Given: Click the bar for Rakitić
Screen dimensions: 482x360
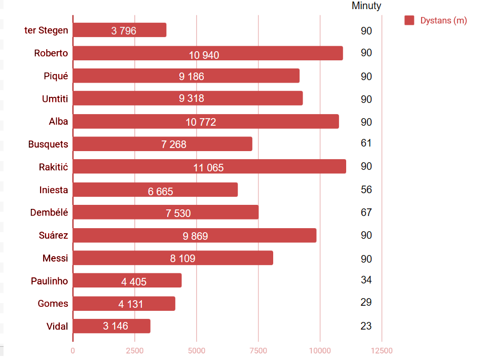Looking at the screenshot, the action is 209,166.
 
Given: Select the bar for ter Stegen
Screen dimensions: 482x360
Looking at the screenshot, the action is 120,30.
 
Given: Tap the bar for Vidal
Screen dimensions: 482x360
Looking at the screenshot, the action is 112,326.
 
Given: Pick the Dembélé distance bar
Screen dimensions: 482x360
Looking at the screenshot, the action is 166,212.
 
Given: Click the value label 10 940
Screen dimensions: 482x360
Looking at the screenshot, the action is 204,55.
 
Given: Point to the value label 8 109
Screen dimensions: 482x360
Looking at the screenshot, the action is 182,258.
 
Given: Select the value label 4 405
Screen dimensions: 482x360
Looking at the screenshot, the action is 134,281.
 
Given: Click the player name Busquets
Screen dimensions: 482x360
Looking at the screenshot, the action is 48,144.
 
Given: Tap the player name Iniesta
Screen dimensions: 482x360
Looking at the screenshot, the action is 54,190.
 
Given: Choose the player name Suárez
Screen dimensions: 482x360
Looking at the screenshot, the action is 53,235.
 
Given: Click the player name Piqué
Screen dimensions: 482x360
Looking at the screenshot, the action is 56,76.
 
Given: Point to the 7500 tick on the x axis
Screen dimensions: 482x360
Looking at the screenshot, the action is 258,350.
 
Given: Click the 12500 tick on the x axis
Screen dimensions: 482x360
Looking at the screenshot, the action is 382,350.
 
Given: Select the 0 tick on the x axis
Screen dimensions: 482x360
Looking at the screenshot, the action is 72,350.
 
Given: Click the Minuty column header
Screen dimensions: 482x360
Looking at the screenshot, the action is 366,6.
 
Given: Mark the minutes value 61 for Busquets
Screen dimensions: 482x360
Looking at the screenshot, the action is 366,143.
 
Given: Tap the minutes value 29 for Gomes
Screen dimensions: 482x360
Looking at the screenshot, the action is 366,302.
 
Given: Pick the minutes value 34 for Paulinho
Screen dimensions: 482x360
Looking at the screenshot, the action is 366,280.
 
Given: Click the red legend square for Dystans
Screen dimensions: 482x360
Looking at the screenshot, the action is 409,20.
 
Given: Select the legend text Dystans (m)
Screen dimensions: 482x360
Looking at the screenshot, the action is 443,21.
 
